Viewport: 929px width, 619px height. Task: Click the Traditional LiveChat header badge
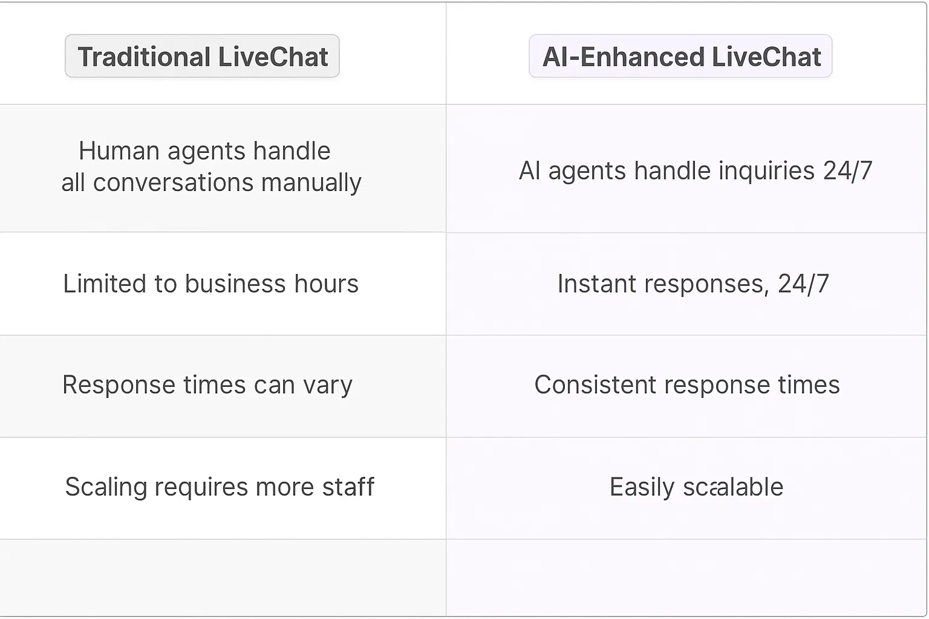tap(202, 56)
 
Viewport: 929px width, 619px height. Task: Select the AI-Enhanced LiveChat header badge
tap(680, 56)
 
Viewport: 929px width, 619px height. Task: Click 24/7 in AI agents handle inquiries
tap(847, 171)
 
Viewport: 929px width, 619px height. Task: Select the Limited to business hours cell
tap(210, 284)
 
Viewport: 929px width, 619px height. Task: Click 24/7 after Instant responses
tap(803, 284)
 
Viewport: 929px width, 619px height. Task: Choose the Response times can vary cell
tap(207, 385)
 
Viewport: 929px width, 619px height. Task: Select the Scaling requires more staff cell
tap(220, 487)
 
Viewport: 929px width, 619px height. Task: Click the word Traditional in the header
tap(144, 57)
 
